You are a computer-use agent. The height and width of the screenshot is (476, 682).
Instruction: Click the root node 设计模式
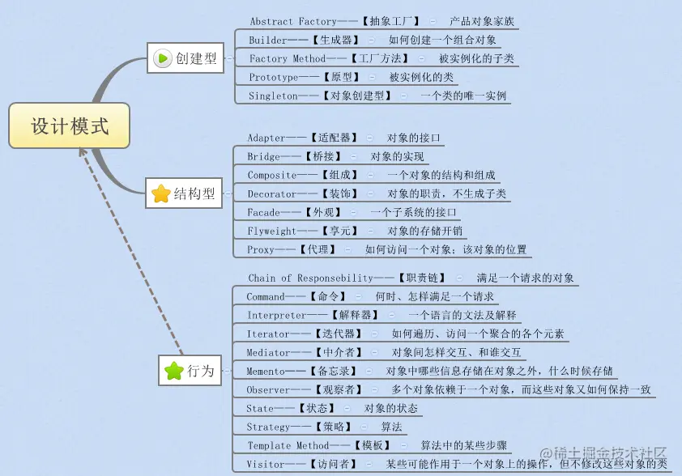tap(69, 125)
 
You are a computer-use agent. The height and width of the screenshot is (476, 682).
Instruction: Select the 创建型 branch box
tap(186, 58)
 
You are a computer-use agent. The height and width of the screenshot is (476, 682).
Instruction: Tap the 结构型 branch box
tap(185, 193)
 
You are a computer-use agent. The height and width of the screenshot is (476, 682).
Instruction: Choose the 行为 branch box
tap(190, 371)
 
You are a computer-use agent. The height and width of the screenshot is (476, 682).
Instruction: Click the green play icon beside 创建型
tap(162, 58)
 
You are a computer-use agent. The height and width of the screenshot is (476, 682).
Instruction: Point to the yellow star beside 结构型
tap(161, 193)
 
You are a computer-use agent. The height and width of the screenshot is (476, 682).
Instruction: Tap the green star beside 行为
tap(173, 371)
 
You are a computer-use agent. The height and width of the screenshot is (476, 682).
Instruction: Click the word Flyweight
tap(271, 232)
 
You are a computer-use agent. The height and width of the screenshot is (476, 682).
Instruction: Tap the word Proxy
tap(261, 250)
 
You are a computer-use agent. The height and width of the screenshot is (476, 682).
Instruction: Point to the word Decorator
tap(271, 194)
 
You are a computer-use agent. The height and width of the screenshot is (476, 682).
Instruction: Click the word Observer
tap(268, 390)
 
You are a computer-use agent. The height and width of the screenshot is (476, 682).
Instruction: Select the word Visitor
tap(265, 465)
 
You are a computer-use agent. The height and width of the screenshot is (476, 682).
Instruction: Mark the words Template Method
tap(288, 446)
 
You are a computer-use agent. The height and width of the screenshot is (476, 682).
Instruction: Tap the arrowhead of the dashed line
tap(82, 151)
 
